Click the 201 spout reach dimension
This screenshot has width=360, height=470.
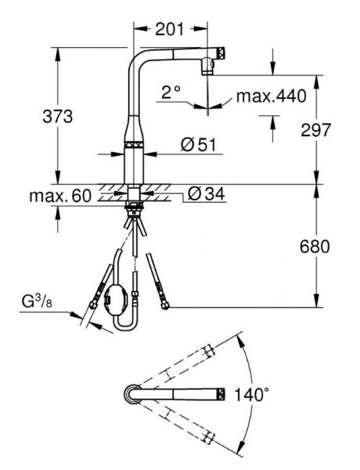coord(169,29)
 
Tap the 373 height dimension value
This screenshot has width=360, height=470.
coord(58,116)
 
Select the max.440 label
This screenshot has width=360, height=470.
coord(272,96)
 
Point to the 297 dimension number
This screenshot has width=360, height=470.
coord(316,130)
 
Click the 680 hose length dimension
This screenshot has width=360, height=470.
coord(315,247)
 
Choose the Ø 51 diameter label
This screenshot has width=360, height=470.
coord(198,145)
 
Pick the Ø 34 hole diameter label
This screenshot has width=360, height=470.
coord(206,194)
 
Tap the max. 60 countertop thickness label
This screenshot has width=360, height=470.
coord(60,196)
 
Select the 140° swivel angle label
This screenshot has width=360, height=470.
coord(251,394)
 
